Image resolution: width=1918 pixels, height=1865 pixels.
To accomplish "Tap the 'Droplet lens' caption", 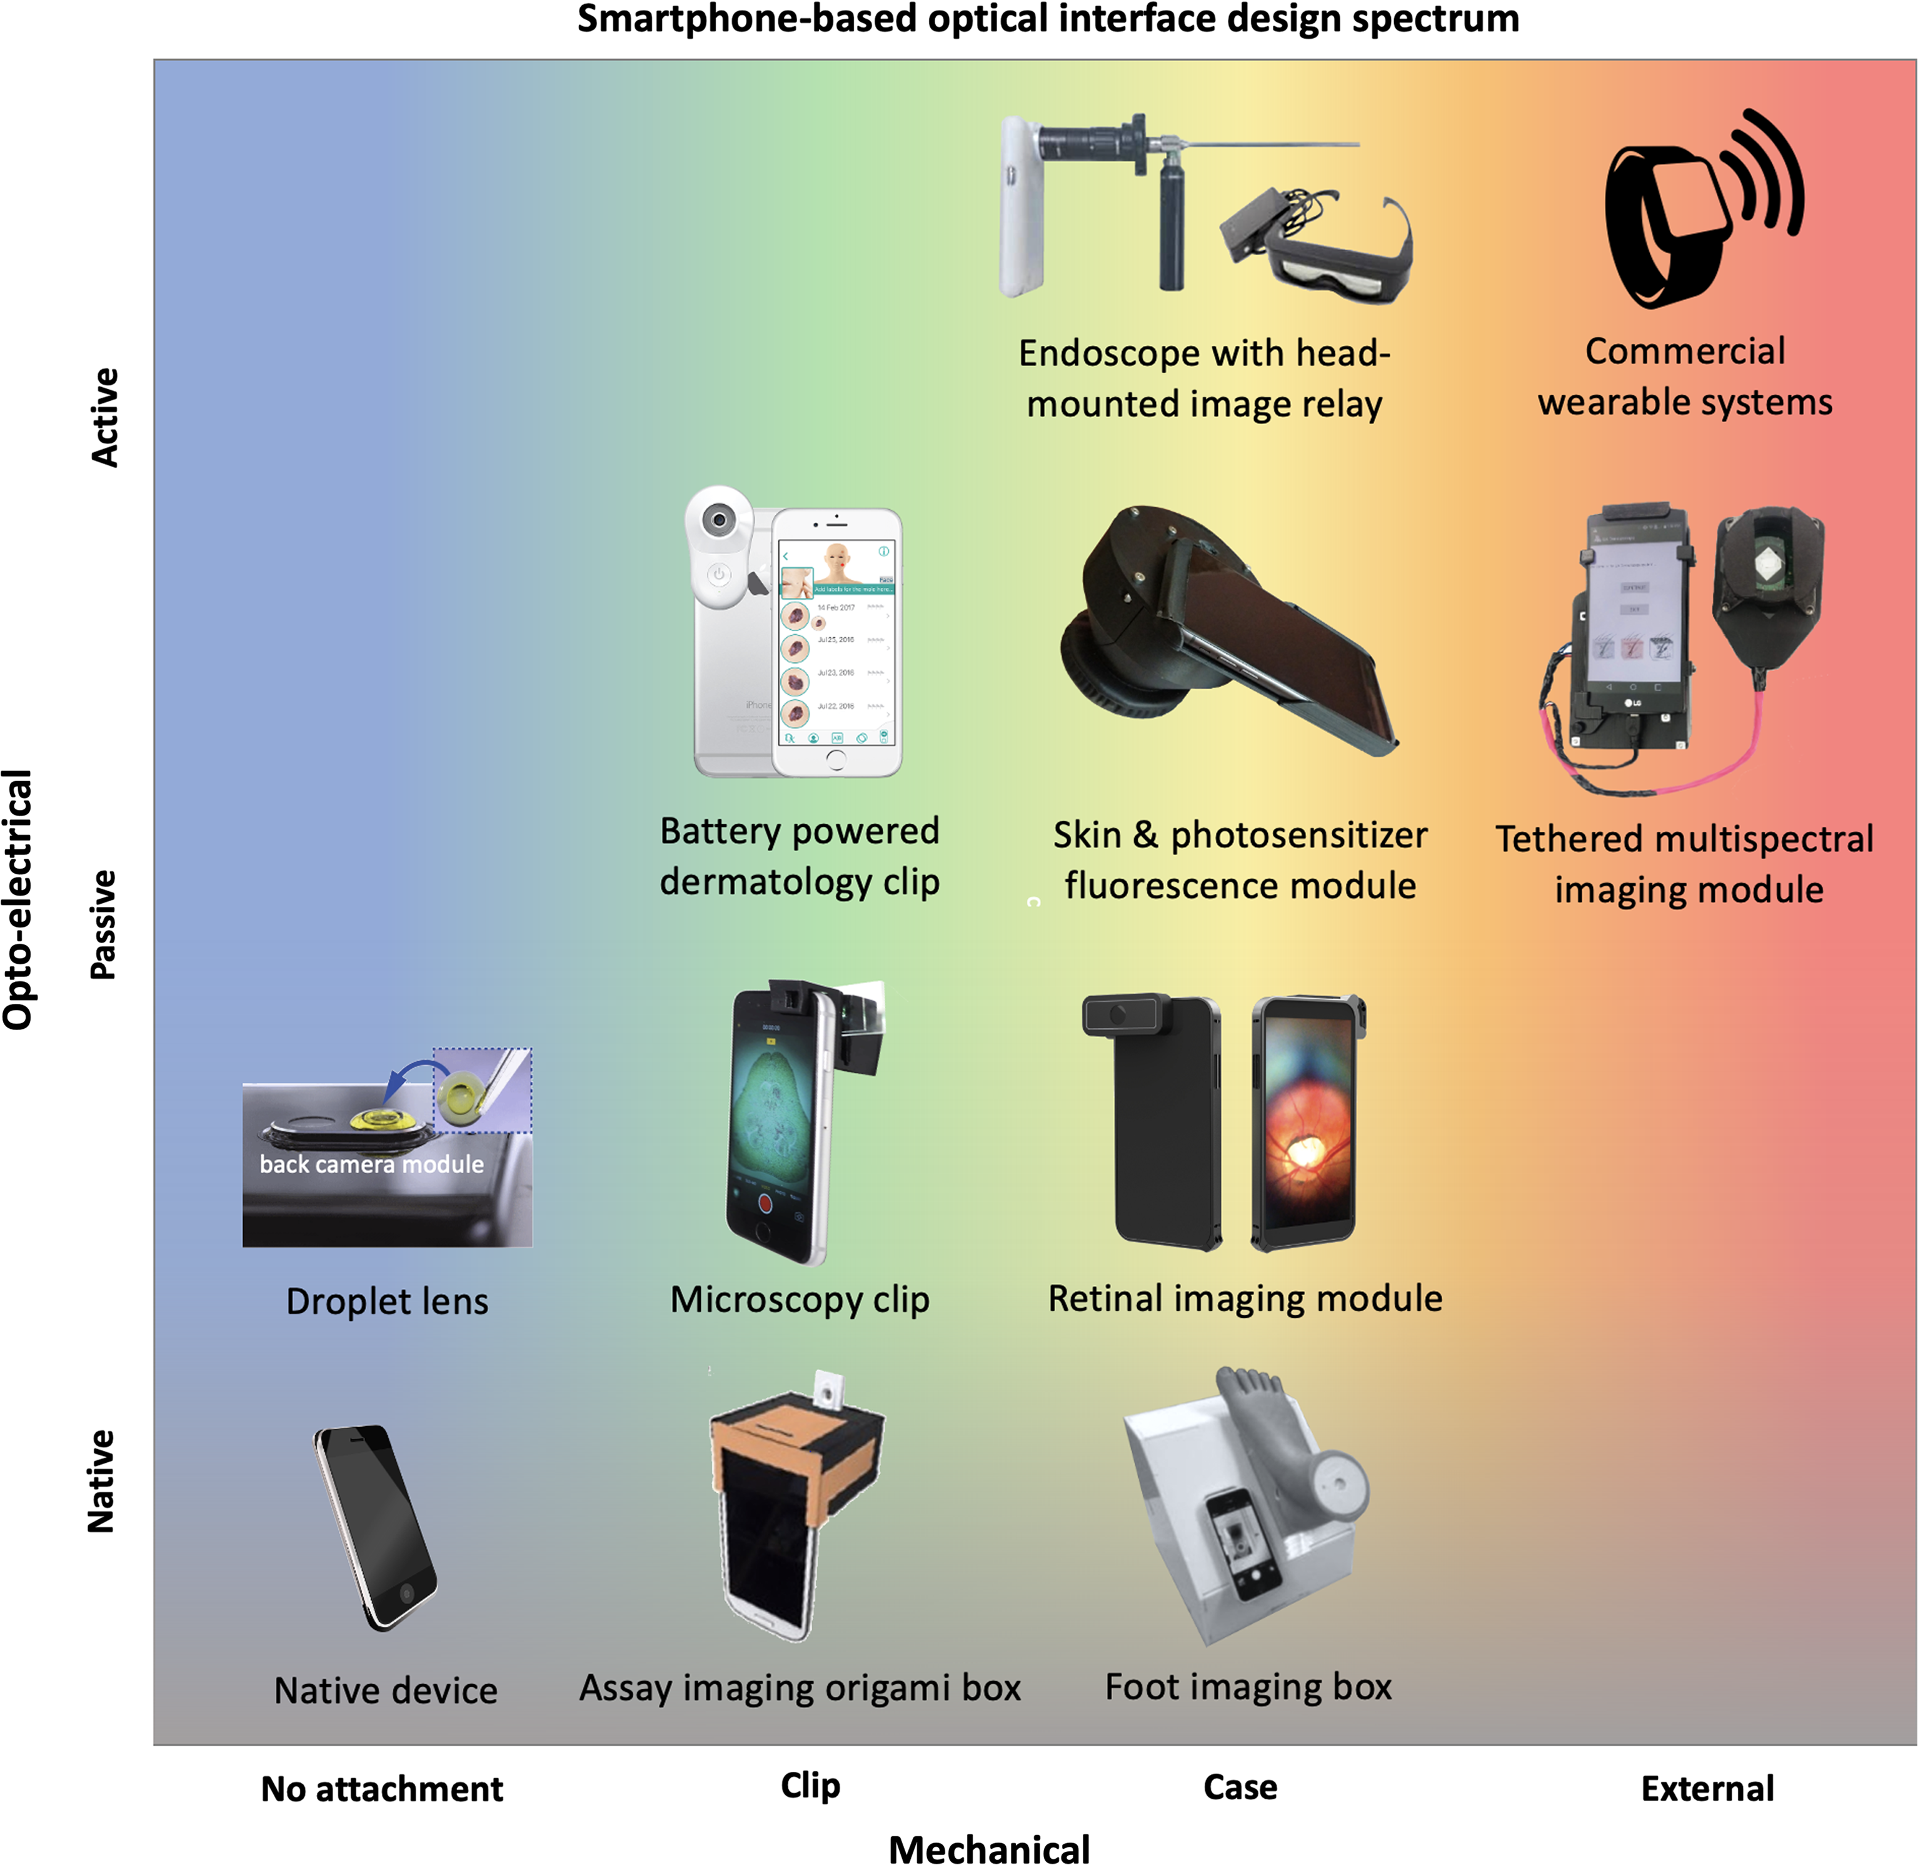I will click(x=387, y=1301).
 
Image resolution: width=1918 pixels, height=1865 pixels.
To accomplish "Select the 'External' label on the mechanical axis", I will click(x=1707, y=1789).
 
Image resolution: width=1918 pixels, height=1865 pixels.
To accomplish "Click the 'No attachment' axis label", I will click(x=382, y=1789).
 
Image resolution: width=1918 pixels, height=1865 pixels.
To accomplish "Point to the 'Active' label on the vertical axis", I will click(x=104, y=417).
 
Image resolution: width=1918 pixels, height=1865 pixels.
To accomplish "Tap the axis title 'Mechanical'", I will click(x=989, y=1847).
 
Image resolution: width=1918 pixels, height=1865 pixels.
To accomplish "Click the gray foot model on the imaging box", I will click(x=1263, y=1430).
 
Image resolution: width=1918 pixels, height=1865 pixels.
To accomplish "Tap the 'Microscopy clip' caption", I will click(x=799, y=1299).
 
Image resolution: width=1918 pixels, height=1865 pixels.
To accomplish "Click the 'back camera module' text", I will click(x=371, y=1164).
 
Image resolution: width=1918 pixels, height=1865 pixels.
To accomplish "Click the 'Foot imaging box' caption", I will click(x=1248, y=1687).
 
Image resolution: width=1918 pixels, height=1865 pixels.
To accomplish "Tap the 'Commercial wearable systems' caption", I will click(x=1684, y=376).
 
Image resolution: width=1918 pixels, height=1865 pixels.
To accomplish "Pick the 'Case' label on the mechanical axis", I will click(x=1240, y=1787).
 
